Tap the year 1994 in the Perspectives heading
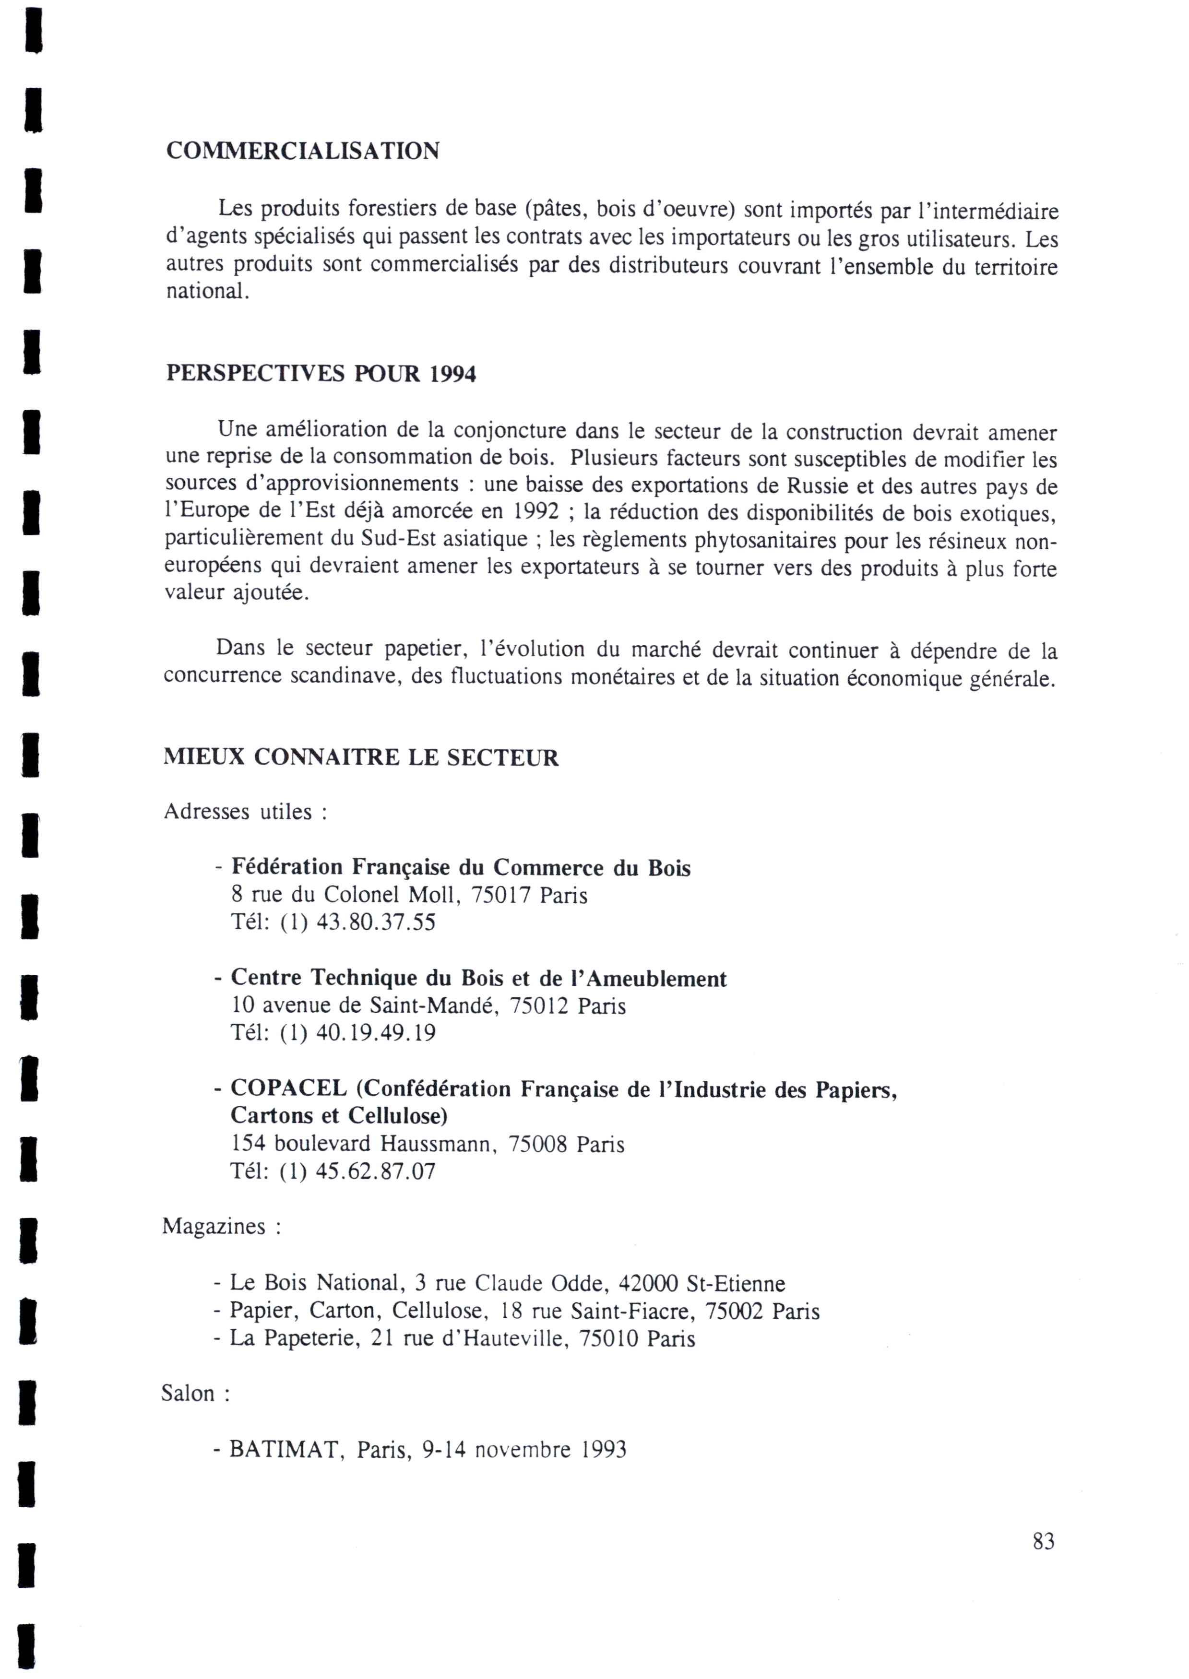click(452, 374)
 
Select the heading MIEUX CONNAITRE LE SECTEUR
click(361, 757)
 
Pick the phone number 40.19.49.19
click(376, 1033)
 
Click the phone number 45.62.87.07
click(376, 1172)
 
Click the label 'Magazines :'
click(221, 1227)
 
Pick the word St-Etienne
click(736, 1283)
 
